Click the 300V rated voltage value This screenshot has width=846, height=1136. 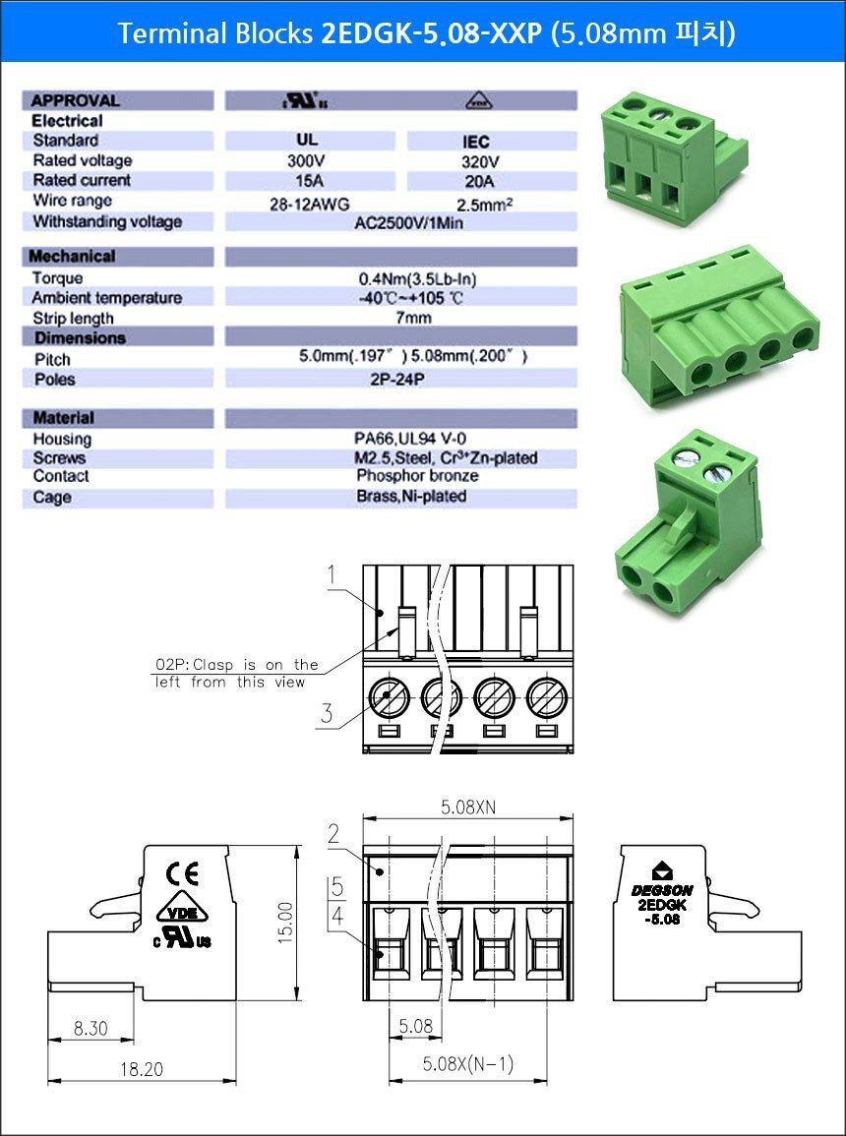tap(305, 160)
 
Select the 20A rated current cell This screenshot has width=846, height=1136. tap(479, 181)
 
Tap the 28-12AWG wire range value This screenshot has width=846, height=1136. tap(309, 205)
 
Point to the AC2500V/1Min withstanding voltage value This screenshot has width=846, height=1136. tap(408, 222)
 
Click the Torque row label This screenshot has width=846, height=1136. tap(57, 278)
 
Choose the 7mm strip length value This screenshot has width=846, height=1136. tap(414, 318)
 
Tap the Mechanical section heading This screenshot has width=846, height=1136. tap(72, 256)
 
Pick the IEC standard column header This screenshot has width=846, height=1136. tap(475, 142)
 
